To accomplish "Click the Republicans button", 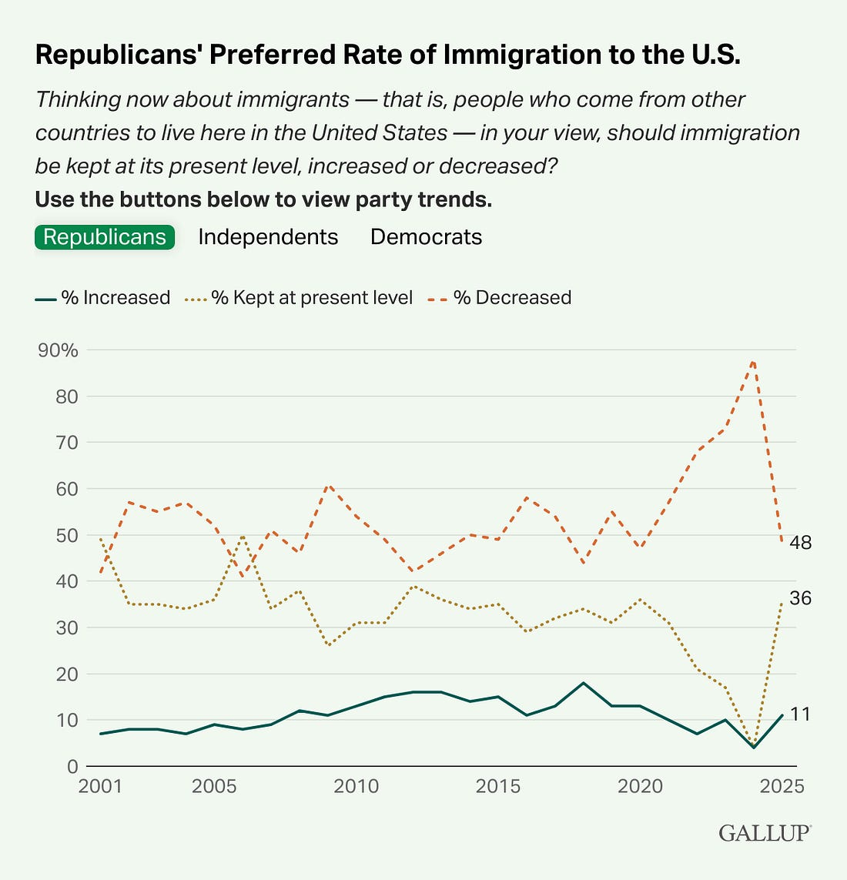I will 105,236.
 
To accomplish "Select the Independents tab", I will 268,236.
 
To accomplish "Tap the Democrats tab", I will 426,236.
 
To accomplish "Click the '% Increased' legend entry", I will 102,298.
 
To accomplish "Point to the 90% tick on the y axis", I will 58,350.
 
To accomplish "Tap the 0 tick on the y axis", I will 72,766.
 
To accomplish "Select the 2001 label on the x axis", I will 101,786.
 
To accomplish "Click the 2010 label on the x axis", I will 357,786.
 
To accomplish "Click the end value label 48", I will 801,543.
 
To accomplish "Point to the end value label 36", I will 801,598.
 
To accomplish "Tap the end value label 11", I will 801,714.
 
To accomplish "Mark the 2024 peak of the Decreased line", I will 753,360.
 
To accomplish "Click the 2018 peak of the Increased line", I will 583,683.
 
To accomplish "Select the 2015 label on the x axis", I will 498,786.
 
